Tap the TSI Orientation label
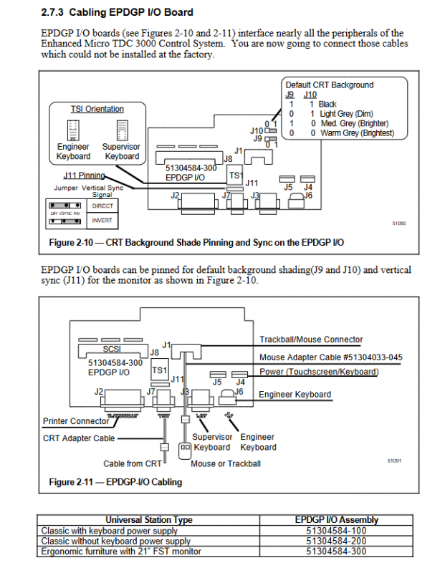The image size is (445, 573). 97,109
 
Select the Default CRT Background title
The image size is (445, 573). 329,85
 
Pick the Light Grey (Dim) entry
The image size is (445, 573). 346,114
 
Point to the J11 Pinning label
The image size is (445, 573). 84,175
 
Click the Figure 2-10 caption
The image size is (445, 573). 196,243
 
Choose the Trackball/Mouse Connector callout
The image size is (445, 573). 311,340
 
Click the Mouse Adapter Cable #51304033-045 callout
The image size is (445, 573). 330,357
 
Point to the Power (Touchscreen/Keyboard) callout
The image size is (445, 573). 318,372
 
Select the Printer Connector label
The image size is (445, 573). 76,421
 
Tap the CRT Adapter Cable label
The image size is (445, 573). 79,438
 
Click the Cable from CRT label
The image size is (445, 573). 133,463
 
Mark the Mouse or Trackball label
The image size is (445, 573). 226,463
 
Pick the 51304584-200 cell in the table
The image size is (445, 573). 336,541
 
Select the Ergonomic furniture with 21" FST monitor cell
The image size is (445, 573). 121,551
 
